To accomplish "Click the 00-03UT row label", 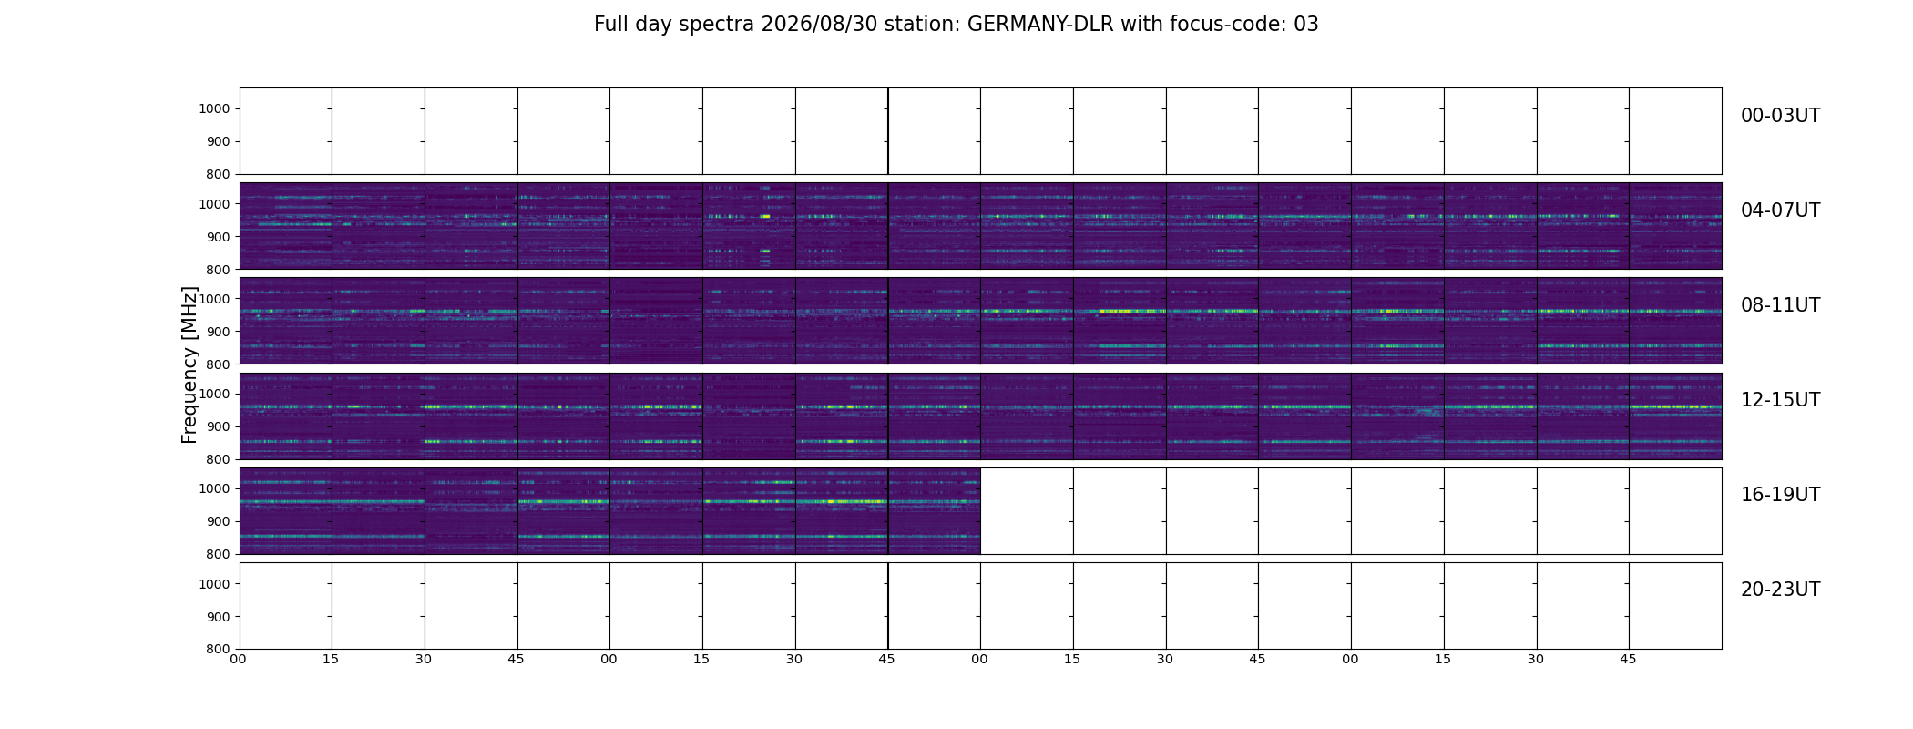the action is pyautogui.click(x=1780, y=116).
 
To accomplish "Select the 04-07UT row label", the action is pyautogui.click(x=1780, y=210).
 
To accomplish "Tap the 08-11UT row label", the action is pyautogui.click(x=1780, y=305).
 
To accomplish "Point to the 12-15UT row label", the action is pyautogui.click(x=1780, y=400).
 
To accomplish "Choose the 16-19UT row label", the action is pyautogui.click(x=1780, y=495).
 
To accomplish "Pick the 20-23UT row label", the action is pyautogui.click(x=1780, y=590).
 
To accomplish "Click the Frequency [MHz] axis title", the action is pyautogui.click(x=189, y=364).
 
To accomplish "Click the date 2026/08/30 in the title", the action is pyautogui.click(x=805, y=25).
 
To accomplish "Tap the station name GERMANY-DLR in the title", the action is pyautogui.click(x=1040, y=25).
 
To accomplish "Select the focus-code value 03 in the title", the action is pyautogui.click(x=1306, y=25).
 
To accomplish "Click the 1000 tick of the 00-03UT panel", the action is pyautogui.click(x=214, y=109).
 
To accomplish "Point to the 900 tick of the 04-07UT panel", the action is pyautogui.click(x=218, y=237).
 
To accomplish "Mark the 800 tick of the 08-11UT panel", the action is pyautogui.click(x=218, y=364).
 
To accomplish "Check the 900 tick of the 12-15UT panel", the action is pyautogui.click(x=218, y=426).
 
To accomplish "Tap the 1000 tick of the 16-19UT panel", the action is pyautogui.click(x=214, y=488).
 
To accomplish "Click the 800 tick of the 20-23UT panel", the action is pyautogui.click(x=218, y=649).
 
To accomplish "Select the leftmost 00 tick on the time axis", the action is pyautogui.click(x=238, y=659).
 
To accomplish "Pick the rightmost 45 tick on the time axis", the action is pyautogui.click(x=1628, y=659).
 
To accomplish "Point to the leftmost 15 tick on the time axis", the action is pyautogui.click(x=331, y=659).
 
